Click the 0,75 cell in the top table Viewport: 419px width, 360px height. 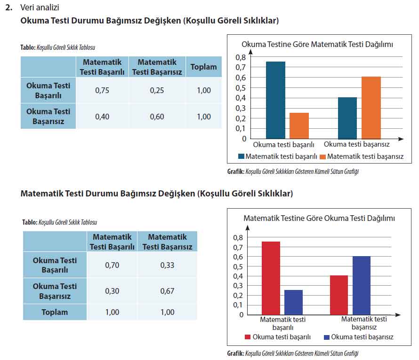[x=102, y=91]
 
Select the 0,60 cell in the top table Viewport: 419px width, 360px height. [x=157, y=117]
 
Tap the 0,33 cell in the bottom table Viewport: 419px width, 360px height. [x=167, y=265]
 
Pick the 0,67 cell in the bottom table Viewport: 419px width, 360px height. [x=167, y=291]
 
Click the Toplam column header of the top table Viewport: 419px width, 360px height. [x=203, y=67]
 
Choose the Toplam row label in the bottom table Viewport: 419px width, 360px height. [x=55, y=312]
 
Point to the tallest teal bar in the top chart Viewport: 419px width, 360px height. [x=275, y=100]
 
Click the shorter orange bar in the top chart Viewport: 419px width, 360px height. [x=299, y=125]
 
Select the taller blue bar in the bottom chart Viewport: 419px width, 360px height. [x=361, y=285]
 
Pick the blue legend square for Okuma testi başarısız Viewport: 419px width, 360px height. [x=327, y=337]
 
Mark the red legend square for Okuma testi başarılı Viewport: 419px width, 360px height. [x=248, y=337]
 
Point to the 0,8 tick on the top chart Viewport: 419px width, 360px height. [x=240, y=57]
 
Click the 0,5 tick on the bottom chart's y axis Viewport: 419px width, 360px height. [x=238, y=266]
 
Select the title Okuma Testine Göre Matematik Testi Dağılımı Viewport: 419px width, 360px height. [x=317, y=44]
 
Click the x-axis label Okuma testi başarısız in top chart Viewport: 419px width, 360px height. [x=356, y=144]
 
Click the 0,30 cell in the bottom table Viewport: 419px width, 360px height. [x=112, y=291]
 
